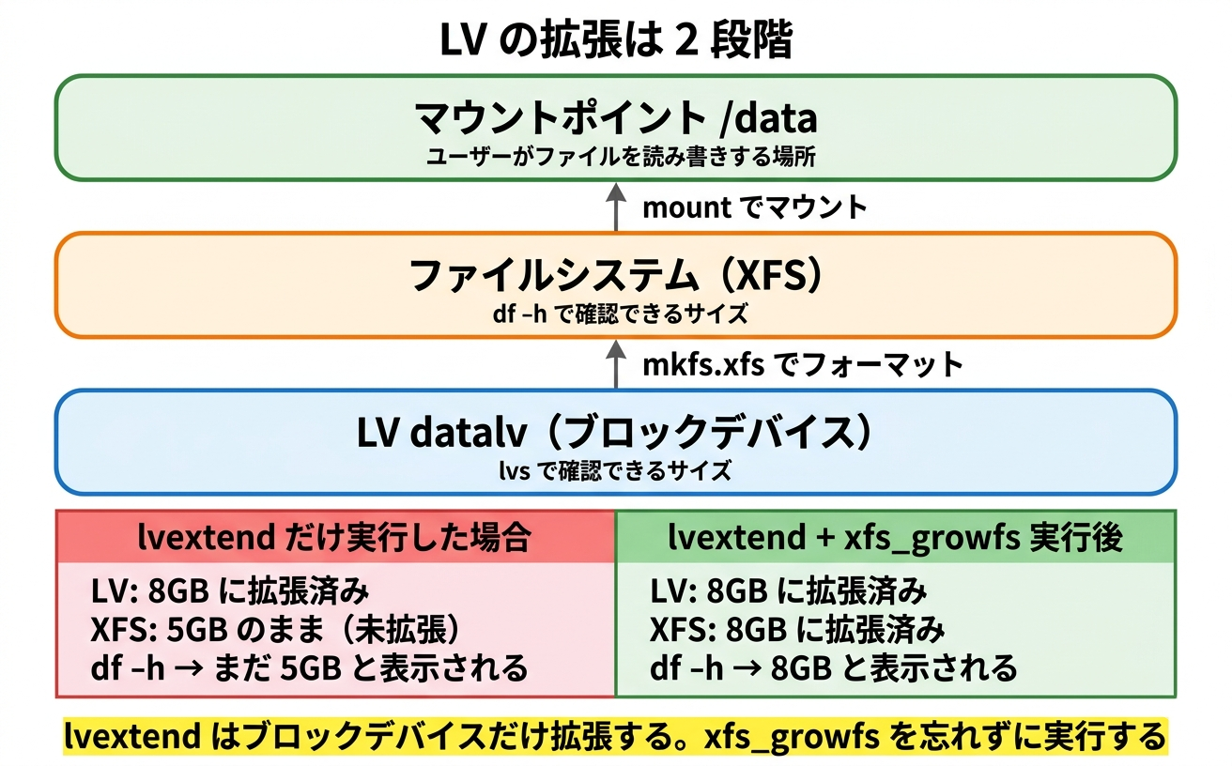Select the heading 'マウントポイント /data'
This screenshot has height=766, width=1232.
coord(616,119)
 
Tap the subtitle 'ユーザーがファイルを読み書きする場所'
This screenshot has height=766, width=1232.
coord(616,157)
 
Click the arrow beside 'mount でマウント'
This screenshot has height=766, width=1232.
coord(616,207)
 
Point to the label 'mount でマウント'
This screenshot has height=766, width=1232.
coord(754,207)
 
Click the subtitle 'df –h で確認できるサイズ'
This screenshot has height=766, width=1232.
coord(616,314)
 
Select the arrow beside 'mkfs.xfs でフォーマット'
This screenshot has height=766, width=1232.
coord(616,363)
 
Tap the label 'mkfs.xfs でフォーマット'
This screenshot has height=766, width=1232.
coord(803,364)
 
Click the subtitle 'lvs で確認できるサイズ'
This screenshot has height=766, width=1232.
coord(616,470)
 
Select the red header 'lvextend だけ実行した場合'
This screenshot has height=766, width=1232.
coord(335,538)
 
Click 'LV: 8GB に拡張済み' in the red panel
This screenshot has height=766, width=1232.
coord(230,592)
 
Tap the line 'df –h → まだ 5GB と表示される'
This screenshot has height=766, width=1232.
coord(310,668)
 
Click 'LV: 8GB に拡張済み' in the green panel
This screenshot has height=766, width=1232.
coord(789,592)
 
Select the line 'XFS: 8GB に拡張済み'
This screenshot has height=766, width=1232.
coord(797,630)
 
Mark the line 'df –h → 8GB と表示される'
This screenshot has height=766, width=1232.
coord(833,668)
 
